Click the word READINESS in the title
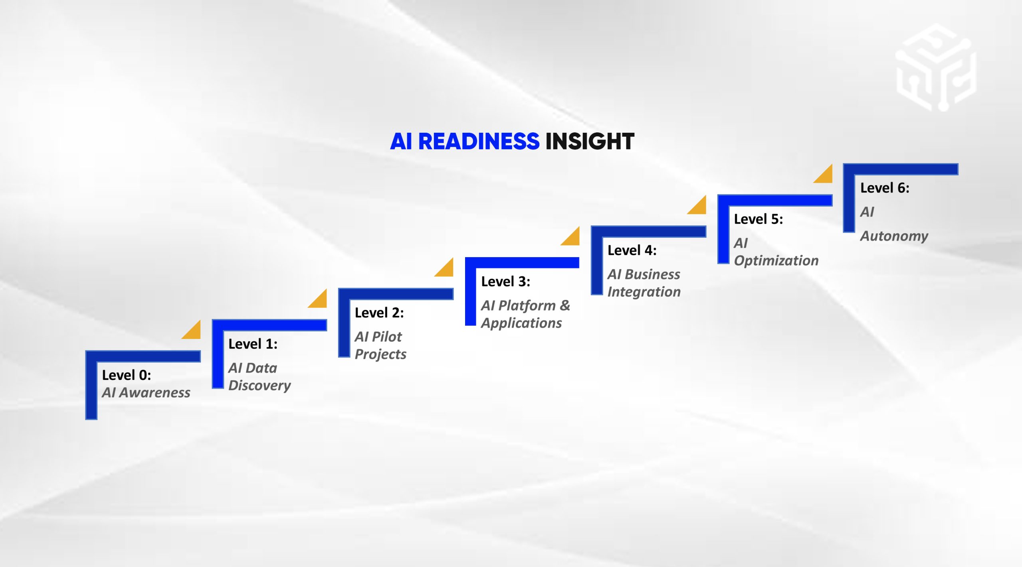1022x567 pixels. pos(478,142)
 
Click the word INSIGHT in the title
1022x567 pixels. pos(590,142)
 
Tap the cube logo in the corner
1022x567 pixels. pos(936,68)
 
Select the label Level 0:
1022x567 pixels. pos(127,375)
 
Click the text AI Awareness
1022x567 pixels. pos(146,393)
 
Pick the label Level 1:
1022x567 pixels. pos(253,344)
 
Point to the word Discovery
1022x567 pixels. pos(259,386)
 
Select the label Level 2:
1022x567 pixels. pos(379,313)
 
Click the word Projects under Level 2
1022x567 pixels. pos(380,354)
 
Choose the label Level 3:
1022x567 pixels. pos(505,282)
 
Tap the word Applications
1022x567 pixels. pos(521,323)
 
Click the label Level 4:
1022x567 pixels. pos(632,250)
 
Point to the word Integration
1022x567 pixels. pos(644,292)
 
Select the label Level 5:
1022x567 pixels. pos(759,219)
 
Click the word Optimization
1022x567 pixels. pos(776,261)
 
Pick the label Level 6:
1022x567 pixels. pos(885,188)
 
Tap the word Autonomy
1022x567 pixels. pos(894,236)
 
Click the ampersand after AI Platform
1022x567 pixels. pos(565,305)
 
